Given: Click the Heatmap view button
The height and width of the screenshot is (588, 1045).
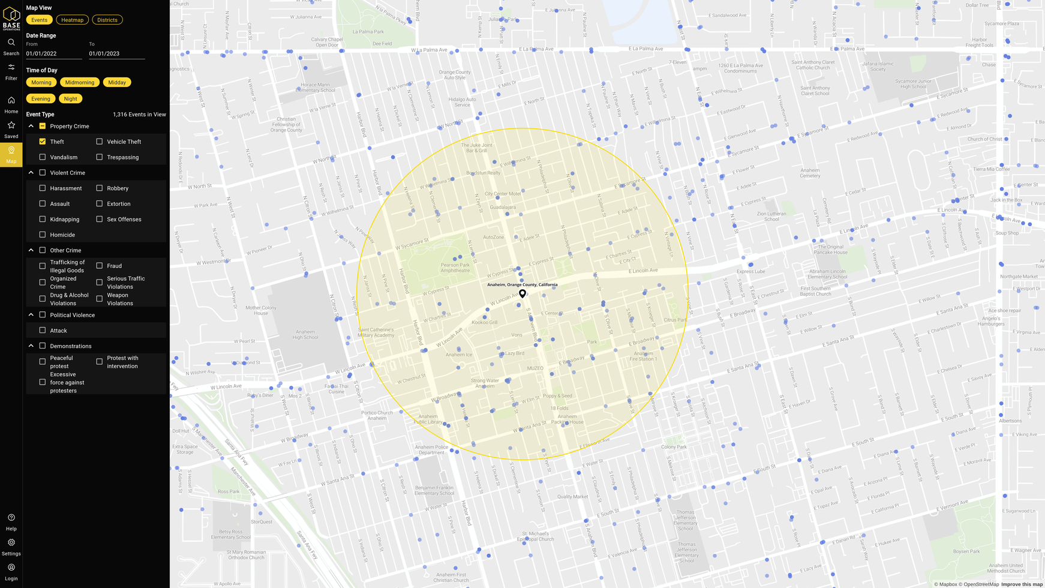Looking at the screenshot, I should click(72, 20).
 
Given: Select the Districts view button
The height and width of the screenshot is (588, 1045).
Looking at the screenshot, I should click(107, 20).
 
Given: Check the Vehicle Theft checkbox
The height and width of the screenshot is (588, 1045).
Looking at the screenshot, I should click(100, 142).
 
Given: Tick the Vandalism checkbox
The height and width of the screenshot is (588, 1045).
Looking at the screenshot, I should click(43, 157).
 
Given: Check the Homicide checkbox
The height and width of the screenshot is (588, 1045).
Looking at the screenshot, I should click(43, 235).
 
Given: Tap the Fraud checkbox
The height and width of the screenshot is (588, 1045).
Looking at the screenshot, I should click(100, 266).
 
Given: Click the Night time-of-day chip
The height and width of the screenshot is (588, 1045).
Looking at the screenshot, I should click(70, 98).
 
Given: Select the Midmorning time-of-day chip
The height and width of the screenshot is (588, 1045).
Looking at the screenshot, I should click(80, 82).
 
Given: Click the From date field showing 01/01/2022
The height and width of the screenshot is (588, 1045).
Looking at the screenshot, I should click(54, 53).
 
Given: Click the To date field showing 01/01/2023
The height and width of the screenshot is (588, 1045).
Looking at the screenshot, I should click(116, 53).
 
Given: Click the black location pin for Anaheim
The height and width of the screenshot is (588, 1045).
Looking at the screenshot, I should click(522, 293).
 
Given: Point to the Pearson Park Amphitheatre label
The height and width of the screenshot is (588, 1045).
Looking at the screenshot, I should click(455, 268).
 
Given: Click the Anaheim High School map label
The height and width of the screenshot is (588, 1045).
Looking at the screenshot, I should click(305, 334).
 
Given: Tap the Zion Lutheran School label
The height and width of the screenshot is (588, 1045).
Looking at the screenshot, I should click(771, 216).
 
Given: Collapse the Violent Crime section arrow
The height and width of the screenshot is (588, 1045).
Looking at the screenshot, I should click(31, 173).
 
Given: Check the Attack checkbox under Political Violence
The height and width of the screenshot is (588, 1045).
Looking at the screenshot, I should click(43, 331).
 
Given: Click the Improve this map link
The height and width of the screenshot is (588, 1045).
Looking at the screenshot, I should click(1022, 584).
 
